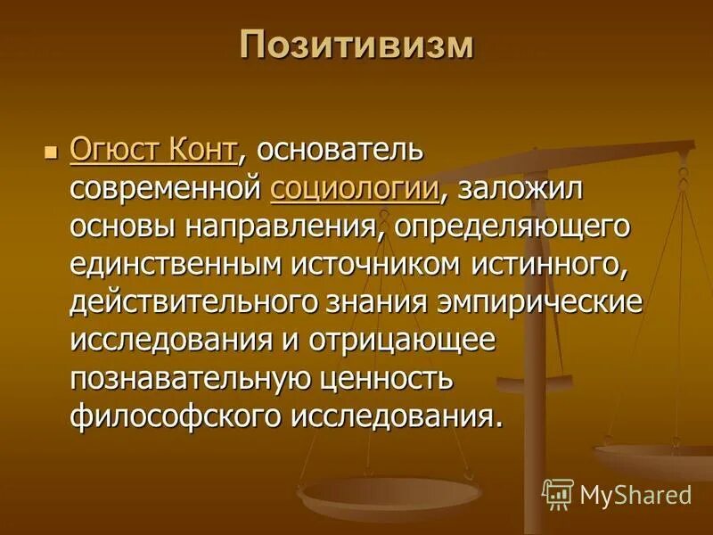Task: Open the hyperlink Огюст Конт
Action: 153,149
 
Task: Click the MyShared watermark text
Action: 635,495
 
